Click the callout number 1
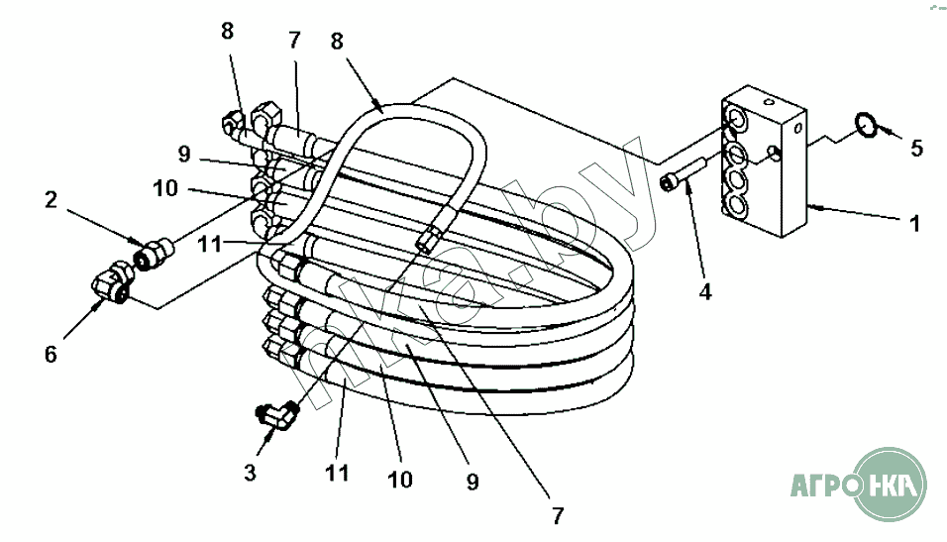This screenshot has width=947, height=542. [x=915, y=224]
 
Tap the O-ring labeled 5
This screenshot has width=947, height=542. [x=866, y=125]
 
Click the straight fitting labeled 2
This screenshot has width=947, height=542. [x=153, y=253]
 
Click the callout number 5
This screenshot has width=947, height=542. [x=916, y=148]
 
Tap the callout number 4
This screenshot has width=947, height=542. [x=705, y=292]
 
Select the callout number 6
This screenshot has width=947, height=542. [x=51, y=354]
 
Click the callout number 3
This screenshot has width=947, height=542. [x=250, y=472]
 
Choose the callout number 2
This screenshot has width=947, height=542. [x=51, y=199]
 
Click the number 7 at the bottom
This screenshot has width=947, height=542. [x=557, y=515]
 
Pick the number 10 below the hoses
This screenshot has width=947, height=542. [x=399, y=480]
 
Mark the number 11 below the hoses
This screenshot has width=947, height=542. [x=337, y=473]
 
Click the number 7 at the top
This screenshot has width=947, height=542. [x=293, y=41]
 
